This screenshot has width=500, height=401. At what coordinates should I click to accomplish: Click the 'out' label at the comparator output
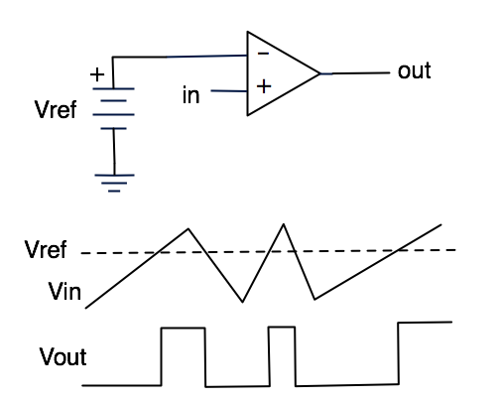coord(415,70)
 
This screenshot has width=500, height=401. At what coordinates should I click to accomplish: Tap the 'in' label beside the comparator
coord(191,95)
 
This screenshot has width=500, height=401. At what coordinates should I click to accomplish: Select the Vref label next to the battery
coord(56,109)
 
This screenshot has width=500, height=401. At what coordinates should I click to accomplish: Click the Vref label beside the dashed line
coord(46,249)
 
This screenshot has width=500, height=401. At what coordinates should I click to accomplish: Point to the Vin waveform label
coord(64,291)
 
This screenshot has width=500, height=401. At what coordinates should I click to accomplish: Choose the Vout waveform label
coord(62,356)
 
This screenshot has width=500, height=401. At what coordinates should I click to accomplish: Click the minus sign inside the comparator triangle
coord(263,53)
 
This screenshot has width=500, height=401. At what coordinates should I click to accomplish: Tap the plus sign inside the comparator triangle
coord(264,86)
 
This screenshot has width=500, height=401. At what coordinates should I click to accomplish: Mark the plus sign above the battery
coord(97,74)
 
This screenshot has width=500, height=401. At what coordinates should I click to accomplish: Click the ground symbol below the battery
coord(114,183)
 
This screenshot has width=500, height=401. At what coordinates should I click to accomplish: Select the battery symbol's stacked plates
coord(113,108)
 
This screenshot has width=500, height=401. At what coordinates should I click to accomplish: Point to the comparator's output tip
coord(320,73)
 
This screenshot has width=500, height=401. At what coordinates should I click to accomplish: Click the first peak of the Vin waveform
coord(188,228)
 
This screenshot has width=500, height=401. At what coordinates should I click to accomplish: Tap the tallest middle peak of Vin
coord(284,224)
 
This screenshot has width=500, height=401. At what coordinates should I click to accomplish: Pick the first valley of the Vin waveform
coord(242,302)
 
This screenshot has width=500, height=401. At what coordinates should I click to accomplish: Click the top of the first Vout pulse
coord(184,329)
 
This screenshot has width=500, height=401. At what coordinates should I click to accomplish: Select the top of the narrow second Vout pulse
coord(282,327)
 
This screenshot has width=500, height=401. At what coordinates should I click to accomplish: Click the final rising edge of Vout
coord(399,353)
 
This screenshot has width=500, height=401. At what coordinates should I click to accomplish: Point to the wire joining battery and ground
coord(114,152)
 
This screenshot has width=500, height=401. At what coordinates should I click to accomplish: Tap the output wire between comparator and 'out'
coord(355,73)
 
